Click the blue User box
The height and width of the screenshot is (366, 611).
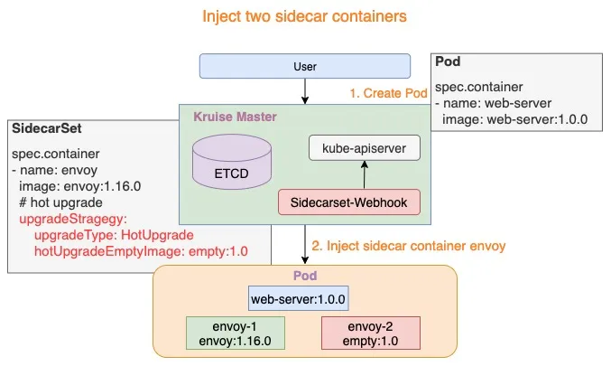[305, 66]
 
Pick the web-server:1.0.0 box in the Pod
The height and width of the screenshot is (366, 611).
[299, 299]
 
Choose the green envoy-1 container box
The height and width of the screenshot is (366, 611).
[235, 332]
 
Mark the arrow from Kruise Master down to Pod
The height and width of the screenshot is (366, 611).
[305, 243]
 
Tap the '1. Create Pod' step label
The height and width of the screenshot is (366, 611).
[387, 93]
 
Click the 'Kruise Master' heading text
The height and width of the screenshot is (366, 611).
[236, 117]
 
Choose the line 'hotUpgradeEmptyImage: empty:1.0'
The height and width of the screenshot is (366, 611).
[140, 250]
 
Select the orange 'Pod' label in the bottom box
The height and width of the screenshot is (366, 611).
[305, 274]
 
